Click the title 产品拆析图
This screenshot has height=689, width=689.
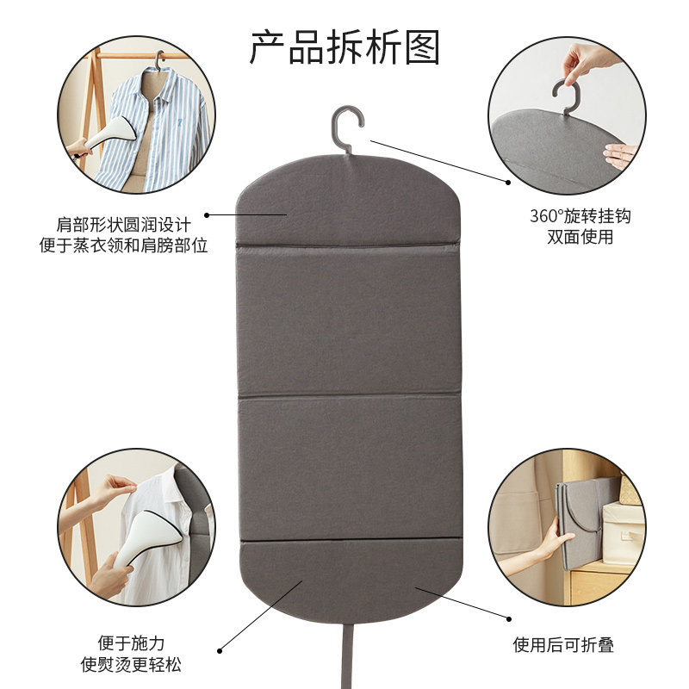pos(344,47)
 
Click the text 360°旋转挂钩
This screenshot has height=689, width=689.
pos(580,216)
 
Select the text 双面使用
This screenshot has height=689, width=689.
pos(580,237)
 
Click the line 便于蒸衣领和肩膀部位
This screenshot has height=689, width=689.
pos(123,245)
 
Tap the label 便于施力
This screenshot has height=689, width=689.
pos(131,643)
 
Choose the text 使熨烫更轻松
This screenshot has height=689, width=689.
pos(131,664)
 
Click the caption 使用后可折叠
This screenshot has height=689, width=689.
pos(564,645)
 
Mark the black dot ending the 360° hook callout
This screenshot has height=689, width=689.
pos(509,181)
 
